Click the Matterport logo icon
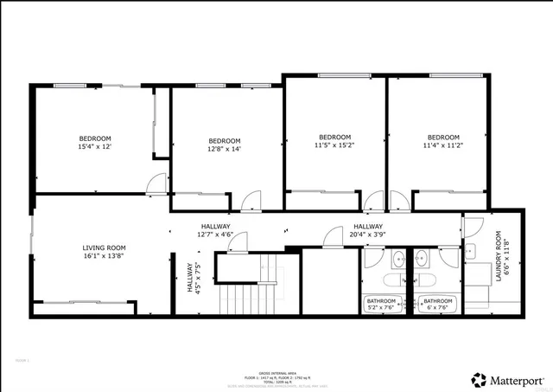(x=478, y=379)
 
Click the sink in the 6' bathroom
(x=421, y=258)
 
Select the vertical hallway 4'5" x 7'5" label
(x=194, y=279)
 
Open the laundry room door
(x=471, y=227)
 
